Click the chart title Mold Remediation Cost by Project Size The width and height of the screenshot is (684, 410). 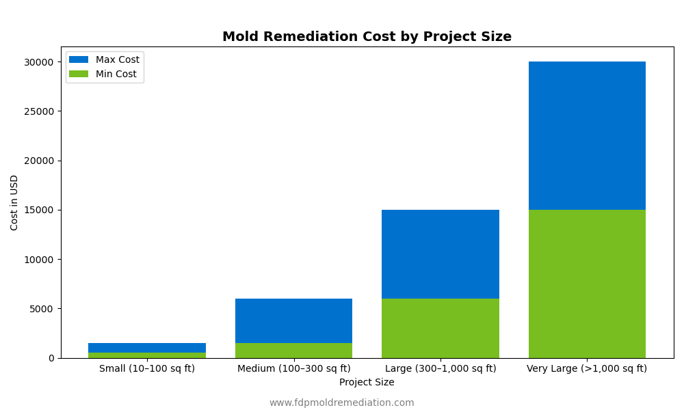367,37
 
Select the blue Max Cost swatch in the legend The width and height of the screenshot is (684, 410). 79,59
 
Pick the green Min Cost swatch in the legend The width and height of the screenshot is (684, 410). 79,74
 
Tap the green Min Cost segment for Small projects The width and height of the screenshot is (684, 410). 147,355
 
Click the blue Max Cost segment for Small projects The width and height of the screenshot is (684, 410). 147,348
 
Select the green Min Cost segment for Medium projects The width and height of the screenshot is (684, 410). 293,351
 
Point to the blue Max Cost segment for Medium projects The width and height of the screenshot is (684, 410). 293,320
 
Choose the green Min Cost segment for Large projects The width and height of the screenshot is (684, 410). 440,328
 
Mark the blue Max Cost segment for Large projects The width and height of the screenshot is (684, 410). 440,254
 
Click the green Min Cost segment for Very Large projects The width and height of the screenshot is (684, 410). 587,284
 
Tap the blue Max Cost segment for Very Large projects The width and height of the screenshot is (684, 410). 587,135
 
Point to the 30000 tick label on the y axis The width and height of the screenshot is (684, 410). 39,62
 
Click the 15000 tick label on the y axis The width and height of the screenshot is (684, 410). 39,210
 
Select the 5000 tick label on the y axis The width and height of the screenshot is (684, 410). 42,309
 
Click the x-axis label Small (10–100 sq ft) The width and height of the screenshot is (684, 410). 147,369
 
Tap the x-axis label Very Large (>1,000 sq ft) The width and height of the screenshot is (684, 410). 587,369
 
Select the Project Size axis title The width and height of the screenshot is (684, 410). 367,383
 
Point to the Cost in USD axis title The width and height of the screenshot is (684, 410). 14,202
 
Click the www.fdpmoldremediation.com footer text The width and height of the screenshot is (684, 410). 341,403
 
